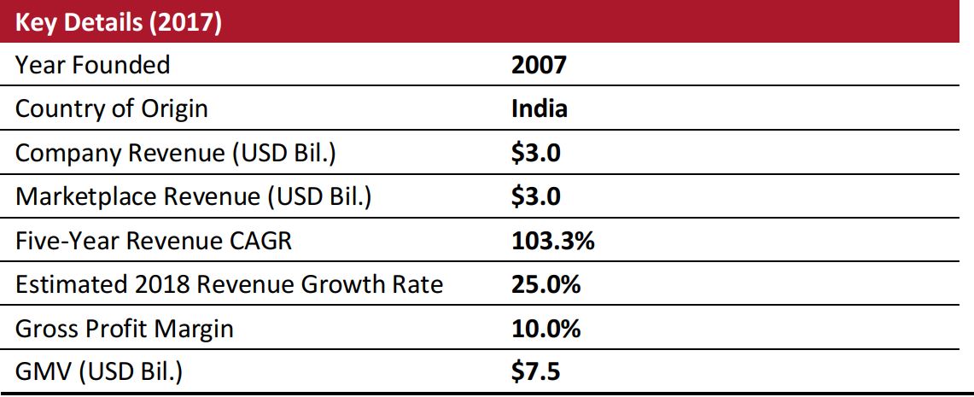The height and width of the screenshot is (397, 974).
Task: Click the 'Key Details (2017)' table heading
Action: [x=120, y=21]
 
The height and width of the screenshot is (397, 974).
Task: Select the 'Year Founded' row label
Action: [x=93, y=64]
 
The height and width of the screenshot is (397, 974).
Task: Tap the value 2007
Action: [x=538, y=64]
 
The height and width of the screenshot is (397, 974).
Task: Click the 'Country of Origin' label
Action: [x=112, y=108]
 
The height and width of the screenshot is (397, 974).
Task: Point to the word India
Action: [x=539, y=108]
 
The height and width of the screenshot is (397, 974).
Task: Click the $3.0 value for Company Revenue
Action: [x=535, y=153]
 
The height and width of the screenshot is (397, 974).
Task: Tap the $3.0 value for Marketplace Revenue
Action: [x=535, y=196]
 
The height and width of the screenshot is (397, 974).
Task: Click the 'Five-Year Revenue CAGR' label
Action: [x=154, y=241]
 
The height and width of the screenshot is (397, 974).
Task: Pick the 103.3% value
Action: [x=552, y=241]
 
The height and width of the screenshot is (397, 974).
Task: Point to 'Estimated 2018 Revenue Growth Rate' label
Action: [x=230, y=284]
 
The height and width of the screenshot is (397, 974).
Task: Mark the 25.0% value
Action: [x=545, y=284]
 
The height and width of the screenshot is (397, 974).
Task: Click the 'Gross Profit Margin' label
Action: [x=125, y=329]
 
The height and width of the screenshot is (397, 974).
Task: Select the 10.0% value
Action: [x=545, y=329]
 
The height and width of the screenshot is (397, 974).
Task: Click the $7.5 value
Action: [x=535, y=372]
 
